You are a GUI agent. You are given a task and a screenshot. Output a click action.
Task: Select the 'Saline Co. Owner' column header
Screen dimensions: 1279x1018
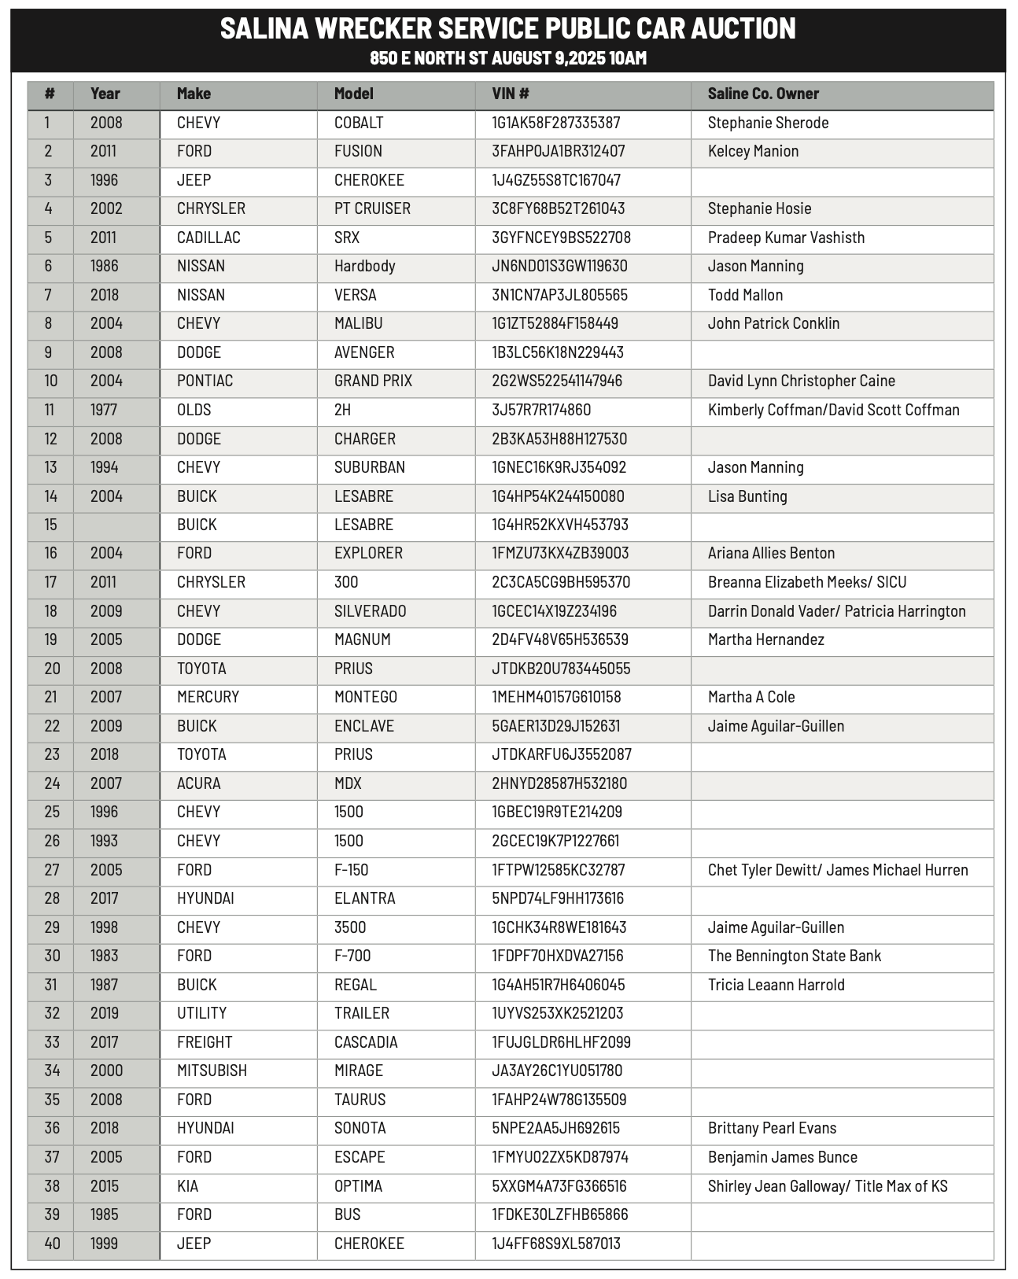(762, 94)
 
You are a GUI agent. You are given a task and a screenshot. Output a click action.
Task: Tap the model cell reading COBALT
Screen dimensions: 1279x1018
(358, 123)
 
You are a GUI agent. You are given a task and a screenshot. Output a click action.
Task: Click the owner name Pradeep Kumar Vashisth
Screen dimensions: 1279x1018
(785, 238)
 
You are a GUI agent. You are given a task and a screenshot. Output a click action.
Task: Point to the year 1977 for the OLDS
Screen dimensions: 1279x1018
(105, 410)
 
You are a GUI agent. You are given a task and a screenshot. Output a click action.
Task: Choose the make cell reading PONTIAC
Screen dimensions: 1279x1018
(205, 381)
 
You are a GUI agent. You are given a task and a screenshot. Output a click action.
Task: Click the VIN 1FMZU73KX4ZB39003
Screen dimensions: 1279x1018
(560, 553)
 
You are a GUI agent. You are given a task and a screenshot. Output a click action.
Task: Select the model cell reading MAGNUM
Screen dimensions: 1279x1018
(362, 639)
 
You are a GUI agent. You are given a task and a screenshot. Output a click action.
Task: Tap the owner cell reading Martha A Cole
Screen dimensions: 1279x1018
(751, 697)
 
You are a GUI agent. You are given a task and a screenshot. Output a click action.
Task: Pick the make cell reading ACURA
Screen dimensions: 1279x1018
(198, 783)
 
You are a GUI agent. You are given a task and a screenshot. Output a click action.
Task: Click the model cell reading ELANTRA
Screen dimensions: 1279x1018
(364, 898)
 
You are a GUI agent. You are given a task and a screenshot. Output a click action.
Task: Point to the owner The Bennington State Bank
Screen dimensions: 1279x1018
(794, 956)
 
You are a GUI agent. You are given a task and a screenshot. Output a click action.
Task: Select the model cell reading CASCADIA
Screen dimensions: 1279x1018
(366, 1042)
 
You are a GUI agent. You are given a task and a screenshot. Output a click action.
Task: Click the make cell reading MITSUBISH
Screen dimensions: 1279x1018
(212, 1071)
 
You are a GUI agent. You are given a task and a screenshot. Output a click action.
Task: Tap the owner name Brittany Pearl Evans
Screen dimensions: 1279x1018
(771, 1128)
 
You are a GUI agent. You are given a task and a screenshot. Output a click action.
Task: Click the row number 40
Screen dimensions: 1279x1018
(52, 1244)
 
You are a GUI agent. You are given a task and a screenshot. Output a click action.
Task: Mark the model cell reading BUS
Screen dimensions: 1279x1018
(347, 1214)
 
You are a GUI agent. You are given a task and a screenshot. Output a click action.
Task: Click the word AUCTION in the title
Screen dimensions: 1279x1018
(743, 29)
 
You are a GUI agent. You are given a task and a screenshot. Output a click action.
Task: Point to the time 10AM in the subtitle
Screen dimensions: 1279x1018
(627, 58)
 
